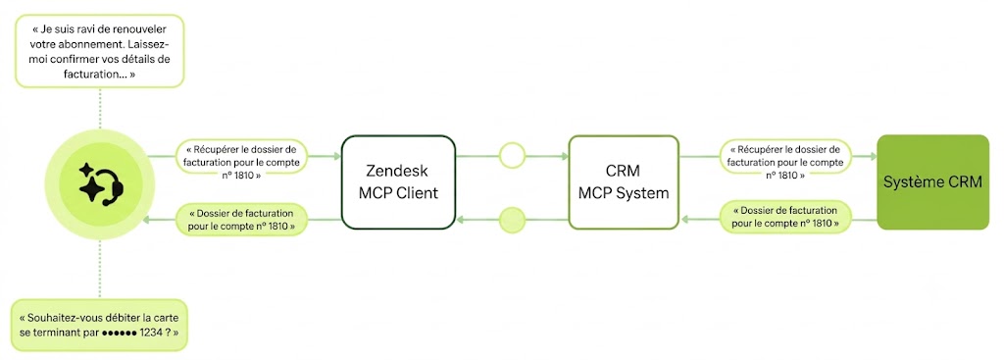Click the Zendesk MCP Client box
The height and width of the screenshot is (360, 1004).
[x=398, y=181]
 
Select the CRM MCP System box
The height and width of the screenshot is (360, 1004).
[x=624, y=181]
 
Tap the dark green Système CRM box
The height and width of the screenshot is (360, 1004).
[x=932, y=181]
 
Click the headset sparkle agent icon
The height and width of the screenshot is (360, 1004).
[x=101, y=183]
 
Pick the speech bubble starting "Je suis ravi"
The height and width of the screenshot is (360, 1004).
[x=100, y=52]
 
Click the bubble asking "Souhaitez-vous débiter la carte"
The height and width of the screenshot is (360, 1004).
[x=100, y=326]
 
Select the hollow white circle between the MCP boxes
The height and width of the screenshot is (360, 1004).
[x=512, y=156]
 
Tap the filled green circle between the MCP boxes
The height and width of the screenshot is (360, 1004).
[x=512, y=220]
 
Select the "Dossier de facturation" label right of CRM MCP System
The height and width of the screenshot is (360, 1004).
[x=786, y=217]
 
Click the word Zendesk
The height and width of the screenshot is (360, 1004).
[x=398, y=171]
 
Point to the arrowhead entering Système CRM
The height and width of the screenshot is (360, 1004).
[x=873, y=156]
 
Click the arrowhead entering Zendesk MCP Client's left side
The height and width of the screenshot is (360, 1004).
[x=337, y=156]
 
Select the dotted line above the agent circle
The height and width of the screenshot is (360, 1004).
[x=100, y=108]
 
